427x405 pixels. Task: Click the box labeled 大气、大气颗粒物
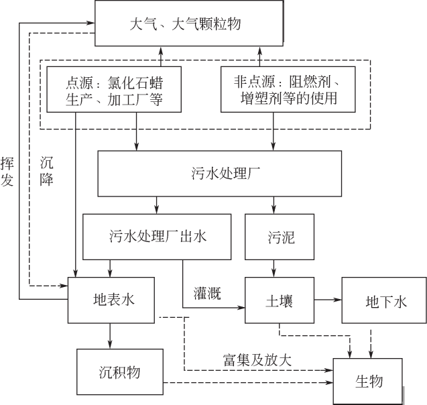pyautogui.click(x=184, y=24)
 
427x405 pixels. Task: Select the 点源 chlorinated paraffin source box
pyautogui.click(x=114, y=92)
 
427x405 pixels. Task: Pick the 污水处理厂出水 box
pyautogui.click(x=157, y=237)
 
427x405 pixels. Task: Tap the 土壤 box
pyautogui.click(x=279, y=300)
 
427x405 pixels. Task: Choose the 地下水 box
pyautogui.click(x=384, y=300)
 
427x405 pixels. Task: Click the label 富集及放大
pyautogui.click(x=257, y=359)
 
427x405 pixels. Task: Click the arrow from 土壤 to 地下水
pyautogui.click(x=328, y=300)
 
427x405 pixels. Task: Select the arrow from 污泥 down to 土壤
pyautogui.click(x=273, y=268)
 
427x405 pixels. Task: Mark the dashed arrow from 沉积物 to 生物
pyautogui.click(x=248, y=383)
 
